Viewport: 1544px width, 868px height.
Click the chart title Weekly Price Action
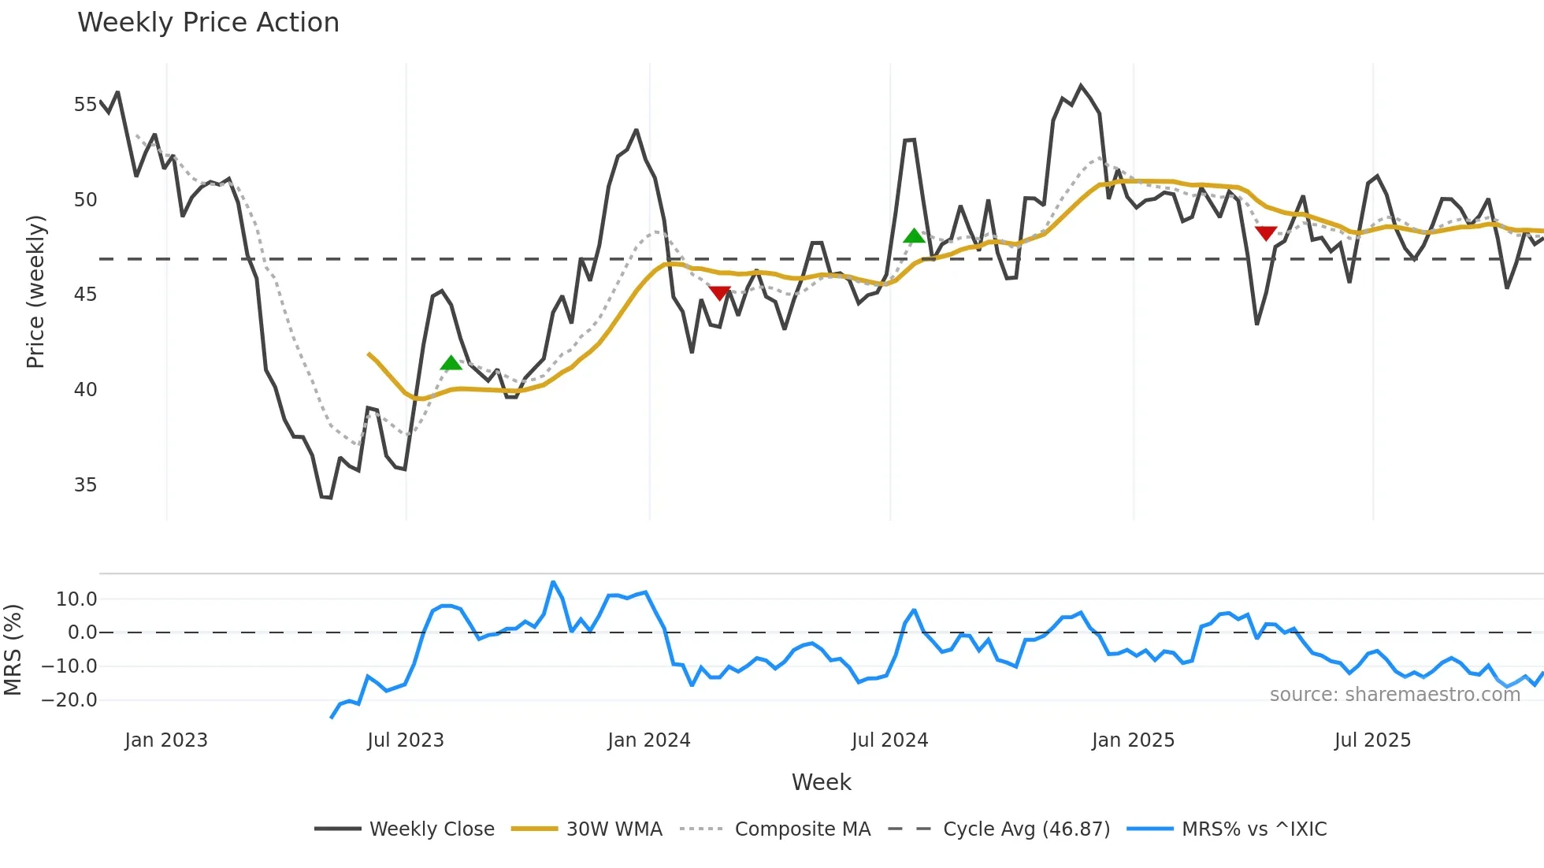click(x=208, y=23)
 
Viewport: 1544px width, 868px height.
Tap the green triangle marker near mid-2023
click(x=451, y=363)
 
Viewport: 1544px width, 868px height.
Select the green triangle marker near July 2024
click(x=914, y=236)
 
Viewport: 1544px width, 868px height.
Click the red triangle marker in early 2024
click(x=719, y=293)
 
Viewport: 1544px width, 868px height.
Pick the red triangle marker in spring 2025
click(x=1266, y=233)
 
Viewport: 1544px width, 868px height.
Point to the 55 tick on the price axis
click(x=85, y=105)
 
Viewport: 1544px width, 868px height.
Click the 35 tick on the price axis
click(x=85, y=485)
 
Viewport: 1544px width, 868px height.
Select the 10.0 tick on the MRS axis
click(x=76, y=599)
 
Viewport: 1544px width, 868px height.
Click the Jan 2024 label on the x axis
click(x=649, y=740)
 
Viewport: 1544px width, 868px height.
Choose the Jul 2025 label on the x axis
click(x=1372, y=740)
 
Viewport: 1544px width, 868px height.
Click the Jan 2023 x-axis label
click(x=166, y=740)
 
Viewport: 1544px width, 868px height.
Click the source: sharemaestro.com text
click(x=1394, y=695)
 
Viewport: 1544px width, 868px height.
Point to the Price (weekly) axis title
click(x=36, y=291)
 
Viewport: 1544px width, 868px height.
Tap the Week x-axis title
click(x=821, y=782)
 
